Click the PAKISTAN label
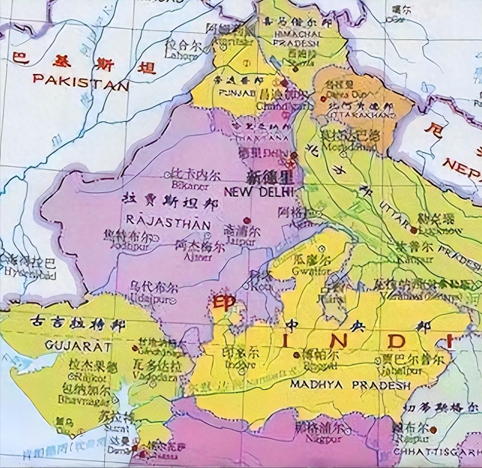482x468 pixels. (x=81, y=82)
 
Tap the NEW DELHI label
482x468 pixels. (x=258, y=192)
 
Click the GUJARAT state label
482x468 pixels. (x=78, y=345)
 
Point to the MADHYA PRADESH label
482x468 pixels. (x=350, y=385)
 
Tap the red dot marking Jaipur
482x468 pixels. (x=247, y=220)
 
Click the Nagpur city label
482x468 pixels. (x=324, y=439)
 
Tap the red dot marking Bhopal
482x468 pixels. (x=296, y=355)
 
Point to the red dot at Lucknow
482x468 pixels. (x=414, y=229)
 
